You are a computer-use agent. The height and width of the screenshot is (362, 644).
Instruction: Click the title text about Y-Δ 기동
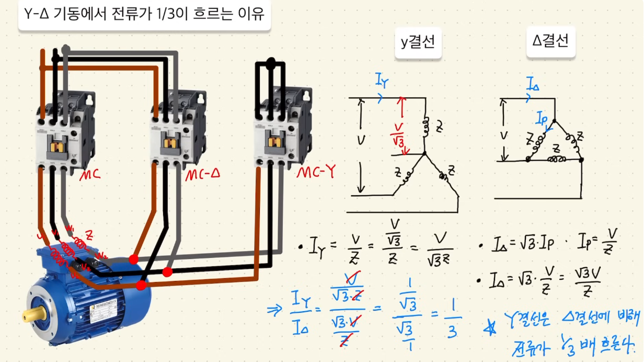pyautogui.click(x=144, y=14)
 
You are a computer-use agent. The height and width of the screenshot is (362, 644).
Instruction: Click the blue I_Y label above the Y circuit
pyautogui.click(x=382, y=80)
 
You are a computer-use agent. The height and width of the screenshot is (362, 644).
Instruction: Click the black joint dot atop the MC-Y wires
pyautogui.click(x=271, y=64)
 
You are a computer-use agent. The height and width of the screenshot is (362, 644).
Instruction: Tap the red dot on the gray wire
pyautogui.click(x=134, y=259)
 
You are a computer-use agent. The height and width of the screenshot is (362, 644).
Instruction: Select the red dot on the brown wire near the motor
pyautogui.click(x=141, y=285)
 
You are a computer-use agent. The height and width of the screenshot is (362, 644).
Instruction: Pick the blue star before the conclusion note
pyautogui.click(x=490, y=329)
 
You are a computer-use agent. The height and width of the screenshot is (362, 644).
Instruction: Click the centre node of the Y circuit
pyautogui.click(x=424, y=154)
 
